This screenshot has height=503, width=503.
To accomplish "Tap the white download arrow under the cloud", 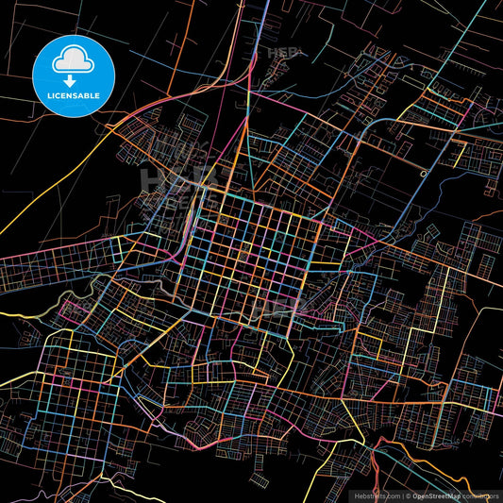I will click(70, 80).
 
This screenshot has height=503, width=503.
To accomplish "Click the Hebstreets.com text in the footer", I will click(375, 495).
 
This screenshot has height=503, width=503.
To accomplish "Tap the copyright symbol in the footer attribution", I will click(409, 495).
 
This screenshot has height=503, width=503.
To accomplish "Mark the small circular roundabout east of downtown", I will click(425, 174).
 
